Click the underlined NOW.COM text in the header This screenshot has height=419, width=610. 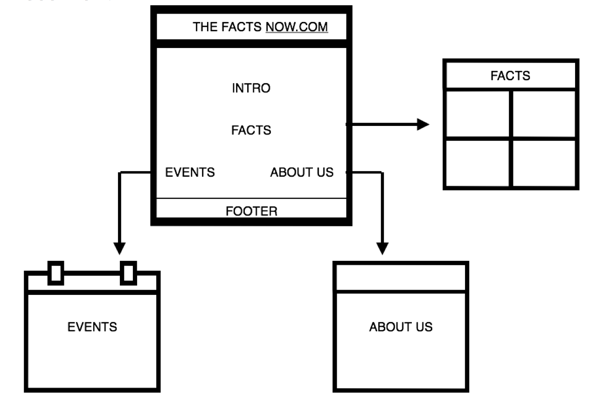pos(297,27)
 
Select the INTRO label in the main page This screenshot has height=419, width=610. pos(251,88)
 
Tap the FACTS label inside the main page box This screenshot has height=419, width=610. pos(251,130)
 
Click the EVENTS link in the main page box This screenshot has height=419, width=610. pos(190,173)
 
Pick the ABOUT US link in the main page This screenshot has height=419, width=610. pos(302,173)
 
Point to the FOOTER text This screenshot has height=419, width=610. pos(251,211)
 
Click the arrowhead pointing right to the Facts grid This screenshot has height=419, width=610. pos(423,124)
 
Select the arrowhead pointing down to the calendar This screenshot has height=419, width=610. pos(120,249)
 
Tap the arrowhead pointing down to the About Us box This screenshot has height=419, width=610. pos(382,249)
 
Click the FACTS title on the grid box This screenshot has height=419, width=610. pos(510,76)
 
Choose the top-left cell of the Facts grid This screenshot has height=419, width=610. pos(478,113)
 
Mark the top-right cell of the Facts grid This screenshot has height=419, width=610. pos(544,113)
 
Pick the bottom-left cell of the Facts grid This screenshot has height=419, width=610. pos(478,162)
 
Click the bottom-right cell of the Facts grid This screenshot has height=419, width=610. pos(544,162)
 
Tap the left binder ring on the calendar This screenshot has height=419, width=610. pos(56,272)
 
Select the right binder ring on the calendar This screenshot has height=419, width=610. pos(128,272)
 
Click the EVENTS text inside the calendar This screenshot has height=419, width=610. pos(92,327)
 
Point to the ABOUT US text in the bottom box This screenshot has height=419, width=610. pos(401,327)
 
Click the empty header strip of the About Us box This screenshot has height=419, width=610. pos(401,278)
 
